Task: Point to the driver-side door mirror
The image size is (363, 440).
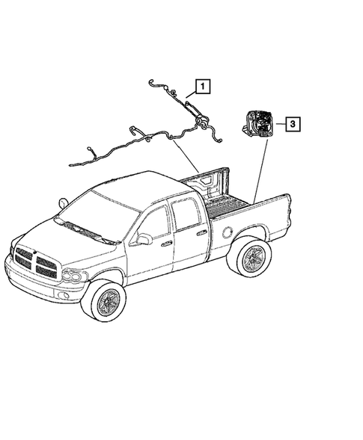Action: [143, 239]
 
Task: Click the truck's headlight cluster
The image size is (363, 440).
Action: [73, 276]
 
